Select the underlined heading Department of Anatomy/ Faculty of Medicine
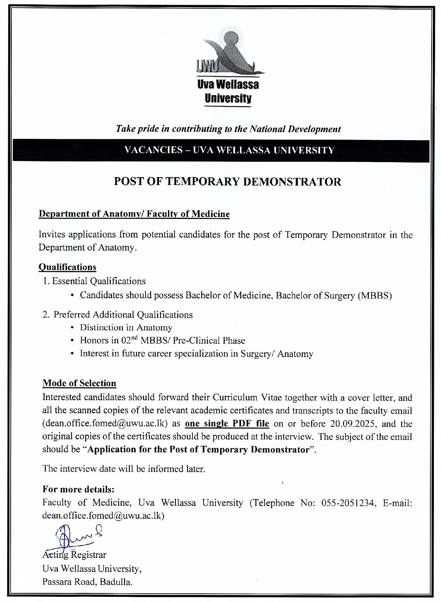[x=134, y=214]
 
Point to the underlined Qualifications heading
[x=67, y=267]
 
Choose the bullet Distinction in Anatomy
[x=126, y=327]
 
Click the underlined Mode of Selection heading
[x=79, y=383]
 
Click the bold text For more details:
[x=78, y=490]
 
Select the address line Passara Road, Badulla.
[x=87, y=582]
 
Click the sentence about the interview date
[x=123, y=469]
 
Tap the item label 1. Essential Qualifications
[x=94, y=281]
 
